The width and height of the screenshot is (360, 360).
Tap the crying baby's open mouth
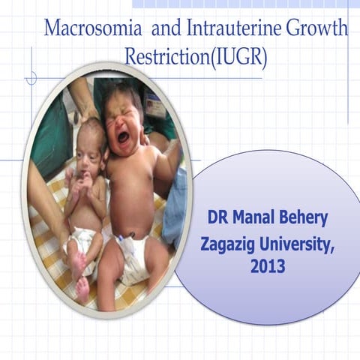[x=123, y=136]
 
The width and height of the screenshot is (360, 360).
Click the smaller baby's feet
[x=79, y=274]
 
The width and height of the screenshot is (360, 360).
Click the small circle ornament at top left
[x=31, y=77]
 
